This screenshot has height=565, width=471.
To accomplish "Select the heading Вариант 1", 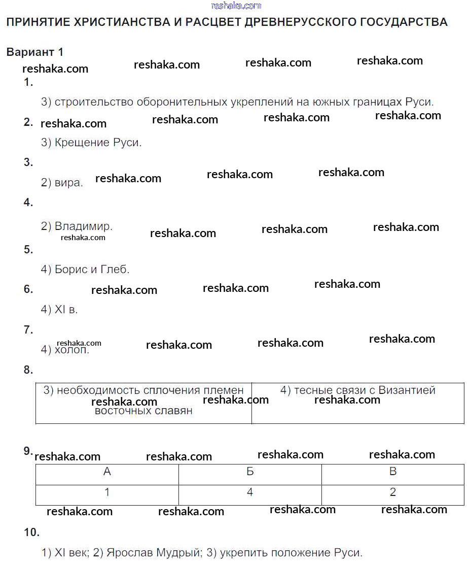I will [35, 52].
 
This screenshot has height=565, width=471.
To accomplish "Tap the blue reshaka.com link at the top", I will [236, 6].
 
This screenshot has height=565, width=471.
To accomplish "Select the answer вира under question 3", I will [68, 183].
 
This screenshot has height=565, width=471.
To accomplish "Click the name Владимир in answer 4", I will [83, 226].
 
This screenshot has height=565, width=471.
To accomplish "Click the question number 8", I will [28, 370].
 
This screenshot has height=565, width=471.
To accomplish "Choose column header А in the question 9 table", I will [107, 472].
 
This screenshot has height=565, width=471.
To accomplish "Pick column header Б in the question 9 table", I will [250, 472].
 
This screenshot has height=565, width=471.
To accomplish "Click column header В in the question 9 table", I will [393, 472].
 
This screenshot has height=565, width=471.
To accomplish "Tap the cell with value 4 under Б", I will [250, 492].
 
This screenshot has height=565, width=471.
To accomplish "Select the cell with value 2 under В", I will [393, 492].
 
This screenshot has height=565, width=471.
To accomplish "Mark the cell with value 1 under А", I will [107, 492].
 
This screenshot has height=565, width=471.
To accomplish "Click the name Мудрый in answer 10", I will [178, 553].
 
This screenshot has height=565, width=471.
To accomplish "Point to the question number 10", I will [31, 533].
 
